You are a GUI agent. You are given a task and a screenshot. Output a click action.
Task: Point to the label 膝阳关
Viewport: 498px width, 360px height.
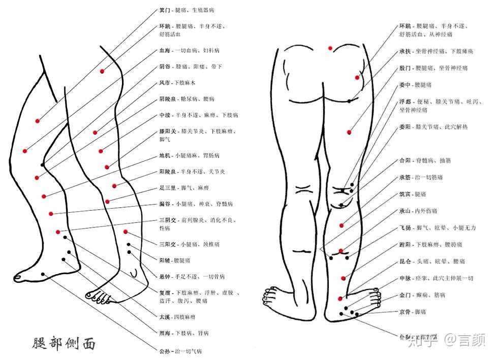(168, 131)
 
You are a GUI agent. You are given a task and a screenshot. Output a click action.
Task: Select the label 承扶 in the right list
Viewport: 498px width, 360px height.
(405, 51)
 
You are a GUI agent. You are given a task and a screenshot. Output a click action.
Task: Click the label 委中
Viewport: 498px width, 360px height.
(405, 85)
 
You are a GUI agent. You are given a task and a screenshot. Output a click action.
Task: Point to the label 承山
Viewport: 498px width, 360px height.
(405, 211)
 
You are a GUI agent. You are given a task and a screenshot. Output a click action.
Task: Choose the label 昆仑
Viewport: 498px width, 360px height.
(405, 261)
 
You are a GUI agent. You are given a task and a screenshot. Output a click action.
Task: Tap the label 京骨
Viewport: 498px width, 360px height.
(405, 311)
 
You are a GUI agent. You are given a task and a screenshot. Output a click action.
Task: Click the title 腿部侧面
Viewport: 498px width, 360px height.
(63, 343)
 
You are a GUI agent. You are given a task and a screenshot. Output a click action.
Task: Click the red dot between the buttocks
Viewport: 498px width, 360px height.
(330, 48)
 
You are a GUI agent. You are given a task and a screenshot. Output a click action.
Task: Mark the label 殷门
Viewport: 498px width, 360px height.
(405, 68)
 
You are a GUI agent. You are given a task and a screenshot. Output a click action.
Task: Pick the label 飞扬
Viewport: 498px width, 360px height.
(405, 228)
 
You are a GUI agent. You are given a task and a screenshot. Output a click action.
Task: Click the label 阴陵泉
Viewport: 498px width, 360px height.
(168, 99)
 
